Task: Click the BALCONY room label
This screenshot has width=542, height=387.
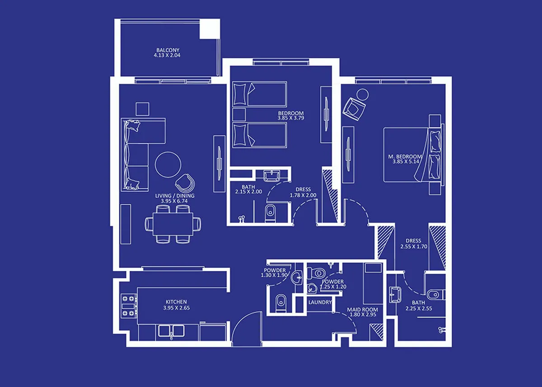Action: click(x=168, y=50)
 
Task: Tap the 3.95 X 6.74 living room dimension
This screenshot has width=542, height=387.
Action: click(x=174, y=201)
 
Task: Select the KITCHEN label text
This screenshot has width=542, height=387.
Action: click(x=176, y=302)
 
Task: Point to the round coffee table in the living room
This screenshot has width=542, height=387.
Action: click(x=168, y=164)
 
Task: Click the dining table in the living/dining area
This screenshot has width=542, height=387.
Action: click(x=173, y=224)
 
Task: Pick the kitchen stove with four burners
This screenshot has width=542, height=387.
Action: click(x=128, y=306)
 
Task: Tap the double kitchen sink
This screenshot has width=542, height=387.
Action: click(x=171, y=331)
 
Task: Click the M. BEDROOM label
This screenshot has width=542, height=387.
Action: click(x=405, y=157)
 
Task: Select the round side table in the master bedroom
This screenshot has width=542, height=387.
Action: click(x=362, y=94)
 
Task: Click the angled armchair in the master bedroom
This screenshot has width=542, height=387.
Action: click(x=354, y=108)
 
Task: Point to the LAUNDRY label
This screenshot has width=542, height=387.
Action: click(x=320, y=303)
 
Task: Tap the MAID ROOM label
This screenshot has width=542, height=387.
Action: click(x=362, y=310)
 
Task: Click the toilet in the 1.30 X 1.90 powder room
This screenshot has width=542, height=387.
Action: click(x=280, y=303)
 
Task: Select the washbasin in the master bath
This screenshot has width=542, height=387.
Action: click(x=395, y=294)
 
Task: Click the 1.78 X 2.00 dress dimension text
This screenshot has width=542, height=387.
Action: click(x=303, y=195)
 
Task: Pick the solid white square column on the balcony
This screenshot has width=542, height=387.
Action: click(x=210, y=29)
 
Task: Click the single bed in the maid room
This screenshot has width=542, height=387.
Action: click(x=373, y=284)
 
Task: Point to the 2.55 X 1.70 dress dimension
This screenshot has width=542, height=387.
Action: click(x=414, y=247)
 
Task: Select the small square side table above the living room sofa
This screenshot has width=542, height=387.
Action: click(x=142, y=109)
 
